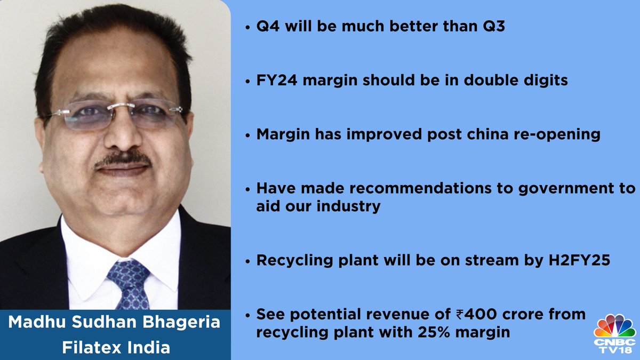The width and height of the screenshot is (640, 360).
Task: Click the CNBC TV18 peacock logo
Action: (614, 334)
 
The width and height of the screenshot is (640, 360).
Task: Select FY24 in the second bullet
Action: (277, 80)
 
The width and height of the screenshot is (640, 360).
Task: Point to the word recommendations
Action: (421, 188)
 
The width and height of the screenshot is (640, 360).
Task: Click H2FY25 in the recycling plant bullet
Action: (579, 260)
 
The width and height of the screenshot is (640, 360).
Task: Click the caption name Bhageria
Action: (181, 323)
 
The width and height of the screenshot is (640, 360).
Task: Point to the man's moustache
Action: (123, 159)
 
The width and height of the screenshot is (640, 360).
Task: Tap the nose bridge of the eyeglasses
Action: (121, 107)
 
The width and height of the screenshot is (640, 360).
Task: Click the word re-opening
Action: (557, 135)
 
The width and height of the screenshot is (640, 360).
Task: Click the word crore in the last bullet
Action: (523, 315)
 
